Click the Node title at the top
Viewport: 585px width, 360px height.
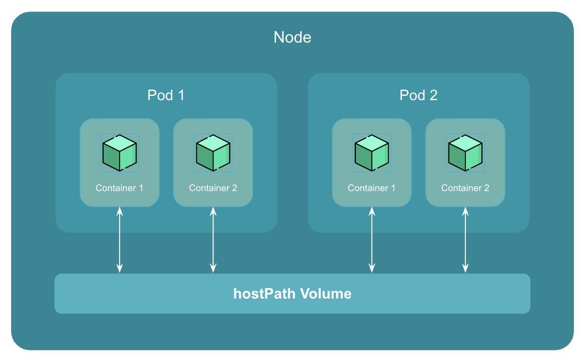292,37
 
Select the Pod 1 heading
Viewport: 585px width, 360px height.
166,95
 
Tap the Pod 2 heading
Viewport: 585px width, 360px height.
418,95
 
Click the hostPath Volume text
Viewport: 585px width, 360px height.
292,294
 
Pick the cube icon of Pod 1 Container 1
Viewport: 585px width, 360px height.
119,153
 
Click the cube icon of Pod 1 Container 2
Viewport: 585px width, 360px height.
213,153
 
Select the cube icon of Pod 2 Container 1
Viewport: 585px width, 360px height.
371,153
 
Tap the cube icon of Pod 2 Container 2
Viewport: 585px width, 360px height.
465,153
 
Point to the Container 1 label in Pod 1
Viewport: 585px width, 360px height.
119,188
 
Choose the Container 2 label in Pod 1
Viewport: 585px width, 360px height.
213,188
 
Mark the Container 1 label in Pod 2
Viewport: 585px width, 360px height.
371,188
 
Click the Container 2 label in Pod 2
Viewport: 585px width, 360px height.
465,188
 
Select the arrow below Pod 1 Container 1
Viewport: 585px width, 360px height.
120,240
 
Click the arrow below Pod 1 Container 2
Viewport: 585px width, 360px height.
213,240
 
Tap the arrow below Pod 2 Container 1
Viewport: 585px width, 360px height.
372,240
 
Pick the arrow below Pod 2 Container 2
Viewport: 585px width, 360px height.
465,240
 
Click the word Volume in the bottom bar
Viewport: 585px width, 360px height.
325,294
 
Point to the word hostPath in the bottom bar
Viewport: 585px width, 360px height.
264,294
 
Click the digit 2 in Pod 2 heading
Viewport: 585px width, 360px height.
433,95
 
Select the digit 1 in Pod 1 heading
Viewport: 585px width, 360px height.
181,95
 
